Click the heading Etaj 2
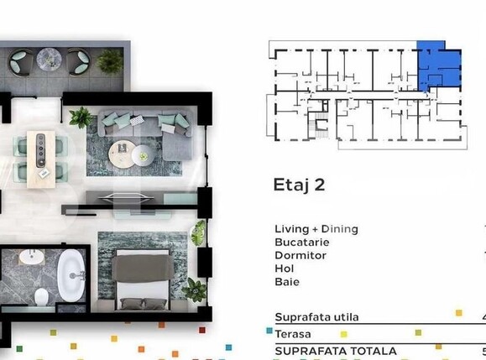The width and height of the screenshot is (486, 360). pos(299,185)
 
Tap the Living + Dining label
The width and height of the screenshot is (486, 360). pos(316,229)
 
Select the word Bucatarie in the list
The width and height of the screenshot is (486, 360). pos(300,242)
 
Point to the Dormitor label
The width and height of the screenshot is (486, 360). pos(300,255)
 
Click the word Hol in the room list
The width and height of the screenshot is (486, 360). pos(284,269)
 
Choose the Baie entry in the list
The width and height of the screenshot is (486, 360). pos(286,282)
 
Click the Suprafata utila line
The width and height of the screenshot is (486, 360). pos(316,317)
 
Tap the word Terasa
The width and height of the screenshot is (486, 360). pos(293,334)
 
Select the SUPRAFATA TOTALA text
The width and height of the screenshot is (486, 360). pos(335,350)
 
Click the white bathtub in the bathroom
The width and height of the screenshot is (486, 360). pos(71,274)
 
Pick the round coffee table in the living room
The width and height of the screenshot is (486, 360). pos(142,154)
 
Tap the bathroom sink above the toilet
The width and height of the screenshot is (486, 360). pos(30,256)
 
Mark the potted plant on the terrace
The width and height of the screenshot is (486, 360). pos(109,60)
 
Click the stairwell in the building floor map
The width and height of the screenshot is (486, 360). pos(319,127)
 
